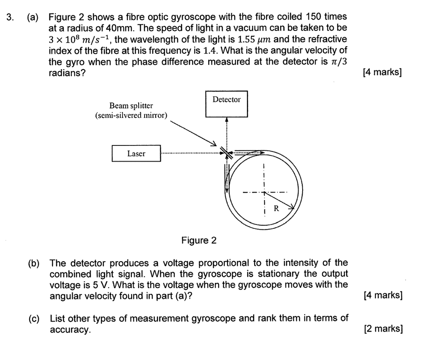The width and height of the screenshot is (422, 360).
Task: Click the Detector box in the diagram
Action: (226, 104)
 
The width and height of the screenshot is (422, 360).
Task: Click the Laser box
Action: (136, 154)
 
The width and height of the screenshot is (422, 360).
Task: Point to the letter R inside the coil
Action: (276, 208)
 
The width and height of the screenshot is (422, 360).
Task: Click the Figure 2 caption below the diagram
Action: (199, 241)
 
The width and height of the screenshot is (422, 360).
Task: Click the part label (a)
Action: (33, 18)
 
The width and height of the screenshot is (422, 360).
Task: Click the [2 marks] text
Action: (384, 329)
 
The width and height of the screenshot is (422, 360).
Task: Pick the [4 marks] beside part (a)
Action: (383, 73)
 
